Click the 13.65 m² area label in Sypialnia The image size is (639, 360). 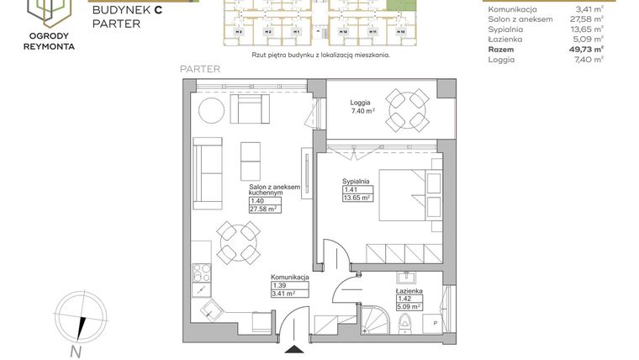point(356,200)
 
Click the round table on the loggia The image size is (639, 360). point(407,109)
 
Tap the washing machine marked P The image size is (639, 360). point(434,322)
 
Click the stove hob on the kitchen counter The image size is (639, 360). point(203,273)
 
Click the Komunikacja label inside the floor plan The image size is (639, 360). point(290,277)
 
